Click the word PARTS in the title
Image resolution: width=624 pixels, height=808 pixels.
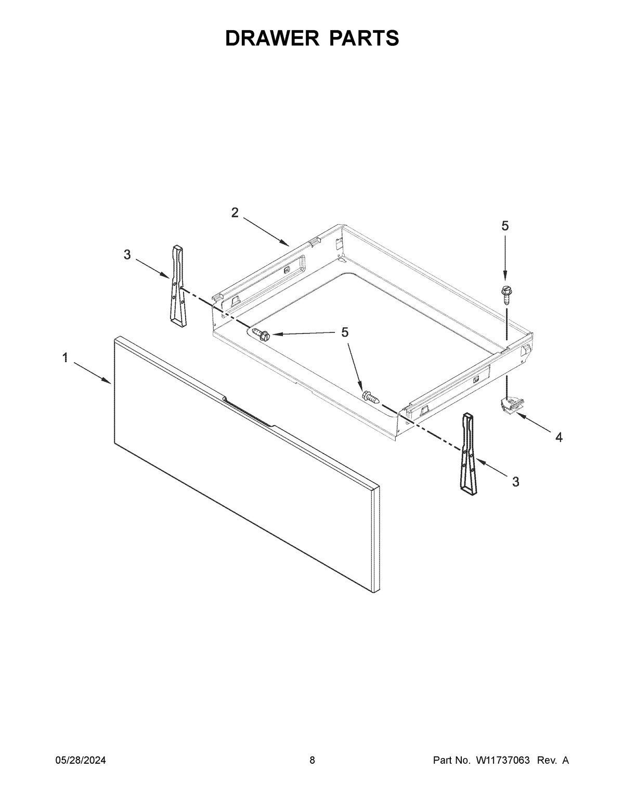click(363, 38)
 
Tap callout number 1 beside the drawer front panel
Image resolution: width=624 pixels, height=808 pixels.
click(65, 357)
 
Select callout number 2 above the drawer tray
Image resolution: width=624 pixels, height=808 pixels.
click(235, 212)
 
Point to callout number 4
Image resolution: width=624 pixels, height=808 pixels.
click(558, 438)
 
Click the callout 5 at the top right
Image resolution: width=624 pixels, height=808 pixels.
click(505, 226)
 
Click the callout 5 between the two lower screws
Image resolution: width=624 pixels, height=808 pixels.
click(345, 332)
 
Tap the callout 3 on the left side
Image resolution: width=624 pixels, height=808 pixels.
click(127, 254)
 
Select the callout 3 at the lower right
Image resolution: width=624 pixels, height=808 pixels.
click(515, 482)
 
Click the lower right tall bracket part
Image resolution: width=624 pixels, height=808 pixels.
click(467, 452)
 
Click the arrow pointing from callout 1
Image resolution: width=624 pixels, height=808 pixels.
click(92, 374)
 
